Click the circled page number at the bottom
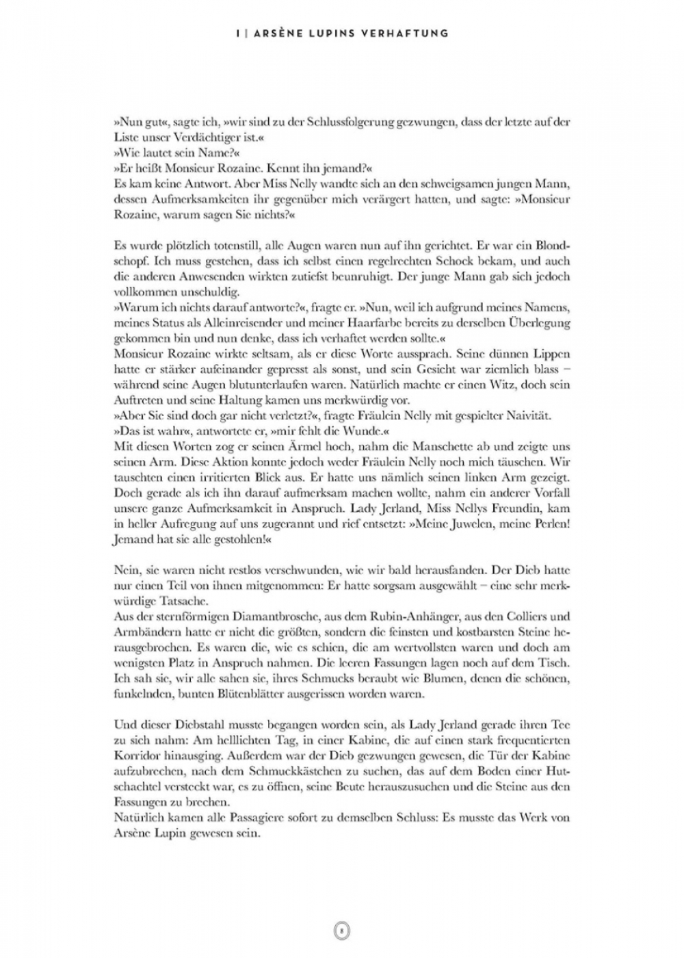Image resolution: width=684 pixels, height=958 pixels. pos(342,930)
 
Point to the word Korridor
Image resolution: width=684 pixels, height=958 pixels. pos(137,755)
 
